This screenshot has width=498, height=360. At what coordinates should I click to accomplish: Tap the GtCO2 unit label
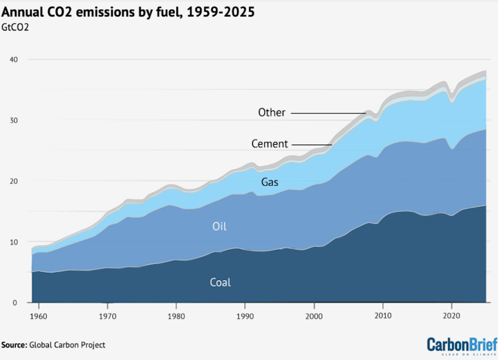tap(20, 28)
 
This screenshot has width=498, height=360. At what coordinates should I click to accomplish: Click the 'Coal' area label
tap(220, 282)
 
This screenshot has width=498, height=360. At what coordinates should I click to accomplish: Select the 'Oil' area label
tap(220, 227)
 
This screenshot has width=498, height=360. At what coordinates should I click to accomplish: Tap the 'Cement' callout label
tap(269, 143)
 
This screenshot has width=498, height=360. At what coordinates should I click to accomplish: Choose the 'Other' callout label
tap(271, 112)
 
